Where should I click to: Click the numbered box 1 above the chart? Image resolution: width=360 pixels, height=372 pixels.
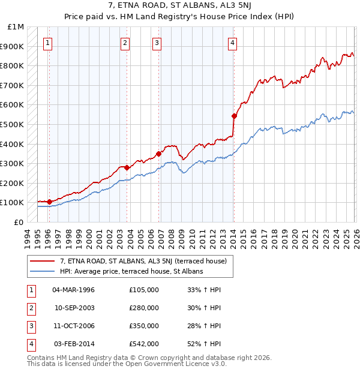click(x=47, y=43)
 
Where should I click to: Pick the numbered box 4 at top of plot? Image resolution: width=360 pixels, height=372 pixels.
click(x=232, y=43)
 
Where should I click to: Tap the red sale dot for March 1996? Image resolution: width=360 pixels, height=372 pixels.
click(x=50, y=202)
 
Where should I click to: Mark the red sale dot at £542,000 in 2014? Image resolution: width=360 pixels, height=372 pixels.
click(x=234, y=116)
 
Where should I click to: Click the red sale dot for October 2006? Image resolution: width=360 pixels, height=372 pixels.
click(x=159, y=154)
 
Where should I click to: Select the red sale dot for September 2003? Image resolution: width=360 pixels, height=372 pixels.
click(x=127, y=167)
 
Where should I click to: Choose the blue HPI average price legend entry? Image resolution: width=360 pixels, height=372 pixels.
click(x=131, y=271)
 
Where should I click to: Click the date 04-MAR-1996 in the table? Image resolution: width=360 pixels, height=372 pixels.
click(x=74, y=290)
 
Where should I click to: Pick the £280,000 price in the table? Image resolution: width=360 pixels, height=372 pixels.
click(x=144, y=308)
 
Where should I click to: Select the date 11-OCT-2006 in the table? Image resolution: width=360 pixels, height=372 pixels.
click(x=74, y=326)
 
